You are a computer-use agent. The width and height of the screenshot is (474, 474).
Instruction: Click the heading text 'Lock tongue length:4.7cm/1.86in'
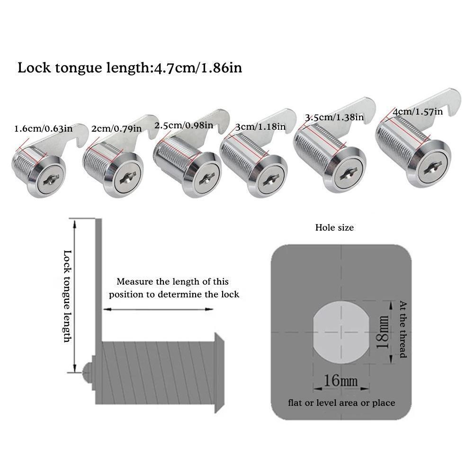130,68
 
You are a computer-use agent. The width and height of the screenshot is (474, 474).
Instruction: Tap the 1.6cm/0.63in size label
43,128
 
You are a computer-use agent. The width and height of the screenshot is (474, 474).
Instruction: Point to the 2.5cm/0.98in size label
183,125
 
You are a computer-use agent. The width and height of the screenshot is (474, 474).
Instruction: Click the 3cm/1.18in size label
260,126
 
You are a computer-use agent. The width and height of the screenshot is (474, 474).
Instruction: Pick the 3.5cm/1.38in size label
334,117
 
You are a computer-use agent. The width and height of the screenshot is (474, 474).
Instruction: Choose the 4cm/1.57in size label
417,112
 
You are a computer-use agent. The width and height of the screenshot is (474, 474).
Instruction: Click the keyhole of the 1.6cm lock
50,179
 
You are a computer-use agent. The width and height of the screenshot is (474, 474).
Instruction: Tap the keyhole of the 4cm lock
432,168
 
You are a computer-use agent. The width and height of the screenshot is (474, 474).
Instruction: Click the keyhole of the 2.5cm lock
206,179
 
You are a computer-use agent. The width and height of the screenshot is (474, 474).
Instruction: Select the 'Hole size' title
334,228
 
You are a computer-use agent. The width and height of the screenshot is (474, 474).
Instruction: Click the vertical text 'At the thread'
403,329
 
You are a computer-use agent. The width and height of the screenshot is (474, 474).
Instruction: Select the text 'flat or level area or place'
341,403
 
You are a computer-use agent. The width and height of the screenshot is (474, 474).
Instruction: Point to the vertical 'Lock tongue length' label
67,296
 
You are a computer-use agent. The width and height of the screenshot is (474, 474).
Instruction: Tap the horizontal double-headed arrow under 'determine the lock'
158,309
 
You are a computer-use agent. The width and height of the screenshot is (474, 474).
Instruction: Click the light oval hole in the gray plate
341,330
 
